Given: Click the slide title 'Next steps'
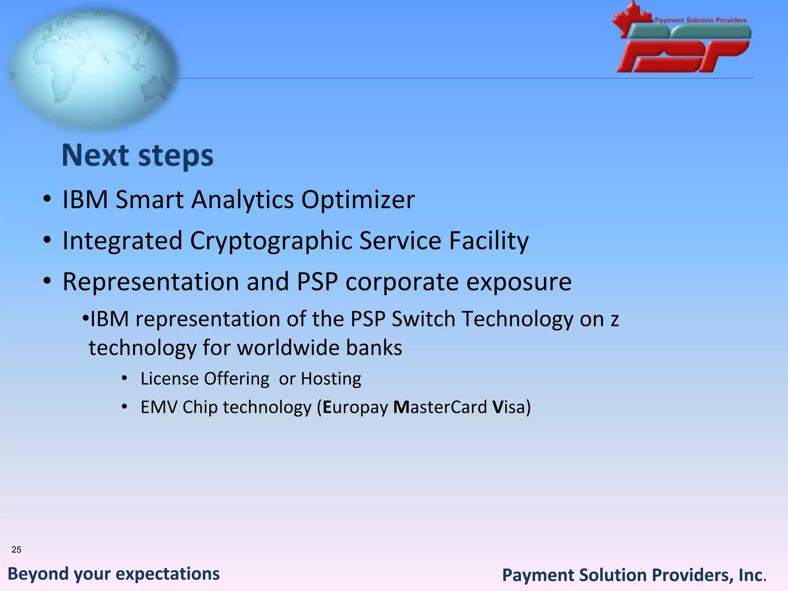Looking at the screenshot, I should (x=137, y=155).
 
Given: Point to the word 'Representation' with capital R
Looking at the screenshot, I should (x=151, y=282).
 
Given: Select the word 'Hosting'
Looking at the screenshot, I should (x=331, y=379).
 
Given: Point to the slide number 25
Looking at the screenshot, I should (x=17, y=549).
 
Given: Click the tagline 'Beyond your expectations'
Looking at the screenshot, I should (x=114, y=574).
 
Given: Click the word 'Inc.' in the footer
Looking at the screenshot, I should (x=752, y=575).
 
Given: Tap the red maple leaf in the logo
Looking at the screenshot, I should (x=629, y=19).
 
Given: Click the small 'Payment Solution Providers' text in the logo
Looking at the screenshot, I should (x=700, y=20).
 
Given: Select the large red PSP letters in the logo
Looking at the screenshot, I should (x=683, y=57).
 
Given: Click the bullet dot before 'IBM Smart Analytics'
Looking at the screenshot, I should (x=47, y=200).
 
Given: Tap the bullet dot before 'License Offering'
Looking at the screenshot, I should (x=124, y=379).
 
